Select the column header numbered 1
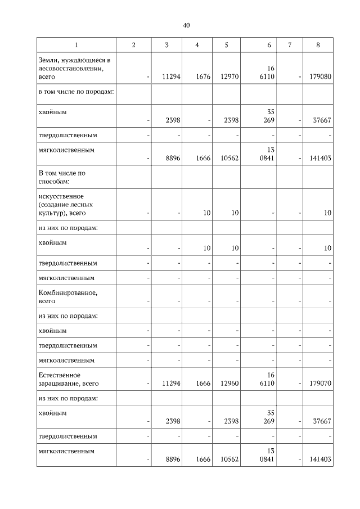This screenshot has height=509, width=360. [x=76, y=45]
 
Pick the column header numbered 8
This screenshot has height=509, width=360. [x=318, y=45]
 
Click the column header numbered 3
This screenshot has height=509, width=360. [x=166, y=45]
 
